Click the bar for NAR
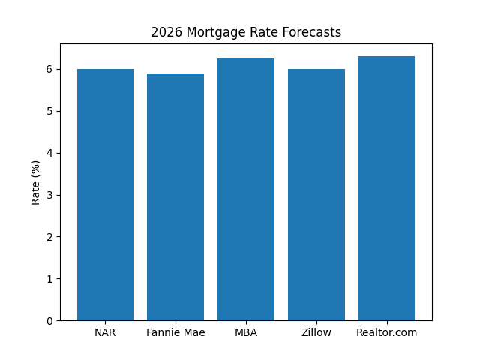105,195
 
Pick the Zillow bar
316,195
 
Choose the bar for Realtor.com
386,188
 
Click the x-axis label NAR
105,332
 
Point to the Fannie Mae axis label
175,332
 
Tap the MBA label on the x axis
246,332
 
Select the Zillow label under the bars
316,332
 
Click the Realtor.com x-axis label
386,332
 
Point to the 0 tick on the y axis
49,321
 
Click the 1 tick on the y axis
49,279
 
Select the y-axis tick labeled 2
49,237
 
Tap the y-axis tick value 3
49,195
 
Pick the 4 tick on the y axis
49,153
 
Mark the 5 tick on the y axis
49,111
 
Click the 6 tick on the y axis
49,69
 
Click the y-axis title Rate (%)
35,182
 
